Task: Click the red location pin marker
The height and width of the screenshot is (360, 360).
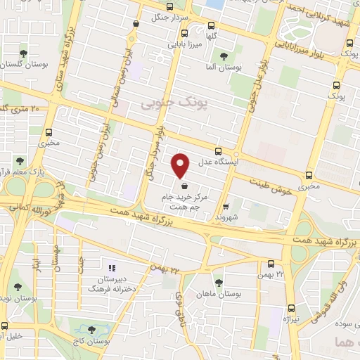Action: pos(181,165)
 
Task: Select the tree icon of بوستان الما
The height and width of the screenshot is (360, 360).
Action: pos(224,56)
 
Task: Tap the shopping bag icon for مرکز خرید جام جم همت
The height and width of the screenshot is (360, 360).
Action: pos(184,186)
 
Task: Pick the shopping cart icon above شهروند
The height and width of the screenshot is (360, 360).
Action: pos(225,207)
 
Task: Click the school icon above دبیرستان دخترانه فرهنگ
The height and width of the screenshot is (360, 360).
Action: pos(110,267)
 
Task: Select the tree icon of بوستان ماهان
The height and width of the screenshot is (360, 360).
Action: pos(219,283)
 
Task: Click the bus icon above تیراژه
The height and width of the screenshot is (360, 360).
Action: pos(291,307)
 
